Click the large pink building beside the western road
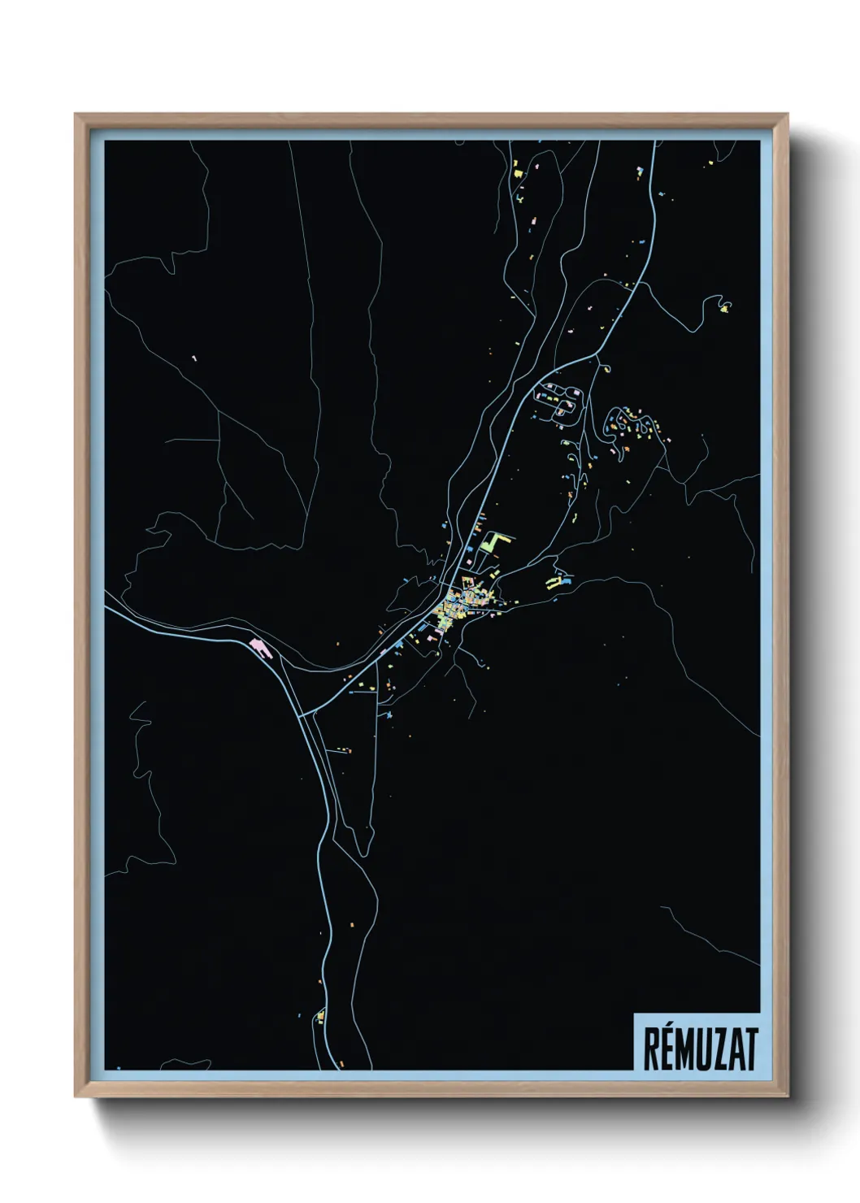click(x=259, y=647)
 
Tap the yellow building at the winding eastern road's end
click(x=724, y=307)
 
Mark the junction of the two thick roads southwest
click(x=302, y=716)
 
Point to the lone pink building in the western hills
click(x=193, y=358)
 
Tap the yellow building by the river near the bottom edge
click(x=320, y=1015)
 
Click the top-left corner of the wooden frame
click(x=76, y=115)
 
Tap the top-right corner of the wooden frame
click(x=787, y=115)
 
